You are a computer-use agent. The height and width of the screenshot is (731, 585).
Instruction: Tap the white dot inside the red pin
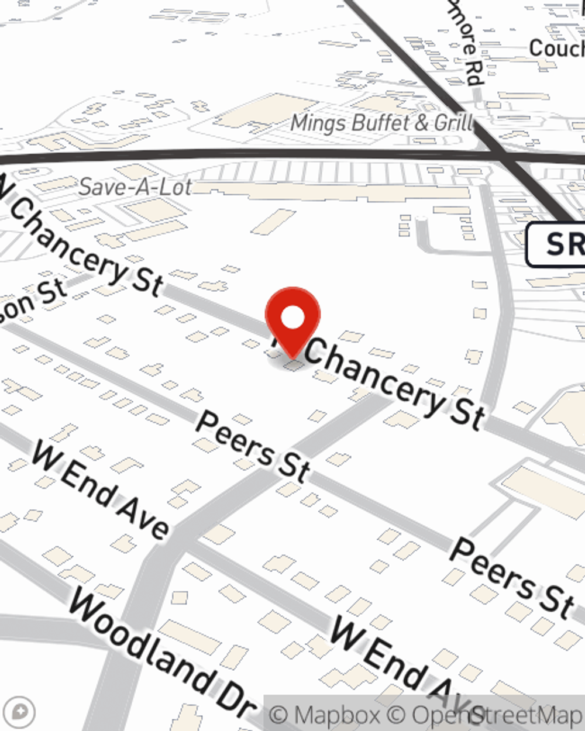292,318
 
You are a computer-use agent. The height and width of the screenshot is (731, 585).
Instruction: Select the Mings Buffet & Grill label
382,123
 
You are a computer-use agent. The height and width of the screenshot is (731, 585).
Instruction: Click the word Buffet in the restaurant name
375,123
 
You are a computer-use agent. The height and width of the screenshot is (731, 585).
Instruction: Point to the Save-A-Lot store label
135,187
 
